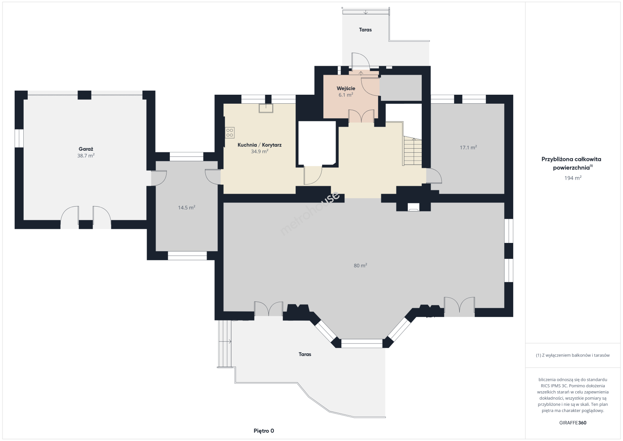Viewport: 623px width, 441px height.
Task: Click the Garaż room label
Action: (x=86, y=149)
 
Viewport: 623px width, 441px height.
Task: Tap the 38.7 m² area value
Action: (x=86, y=156)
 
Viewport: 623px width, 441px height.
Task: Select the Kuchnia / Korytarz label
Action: (x=260, y=145)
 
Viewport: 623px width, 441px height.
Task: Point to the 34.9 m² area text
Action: (x=260, y=151)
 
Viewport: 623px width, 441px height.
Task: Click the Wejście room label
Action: (x=346, y=89)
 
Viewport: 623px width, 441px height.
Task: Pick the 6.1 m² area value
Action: (x=346, y=95)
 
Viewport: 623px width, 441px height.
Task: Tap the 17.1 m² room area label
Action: (x=468, y=148)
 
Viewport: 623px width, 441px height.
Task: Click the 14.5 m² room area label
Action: (x=186, y=208)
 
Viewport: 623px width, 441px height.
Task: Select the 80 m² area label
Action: (x=360, y=266)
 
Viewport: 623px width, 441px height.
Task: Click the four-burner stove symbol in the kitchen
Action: (x=230, y=133)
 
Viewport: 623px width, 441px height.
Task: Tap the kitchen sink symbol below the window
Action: (x=266, y=108)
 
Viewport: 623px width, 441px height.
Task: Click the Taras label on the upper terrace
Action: (x=365, y=30)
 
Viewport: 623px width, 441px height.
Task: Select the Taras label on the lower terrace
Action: (x=305, y=354)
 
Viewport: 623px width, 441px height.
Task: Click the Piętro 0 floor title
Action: (x=264, y=431)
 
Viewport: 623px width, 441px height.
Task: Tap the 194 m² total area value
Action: (x=573, y=178)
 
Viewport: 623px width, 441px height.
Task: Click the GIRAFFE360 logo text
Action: (x=573, y=423)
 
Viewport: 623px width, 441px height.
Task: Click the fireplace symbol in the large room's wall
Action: (x=413, y=207)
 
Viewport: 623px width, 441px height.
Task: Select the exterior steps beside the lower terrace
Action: (x=225, y=344)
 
